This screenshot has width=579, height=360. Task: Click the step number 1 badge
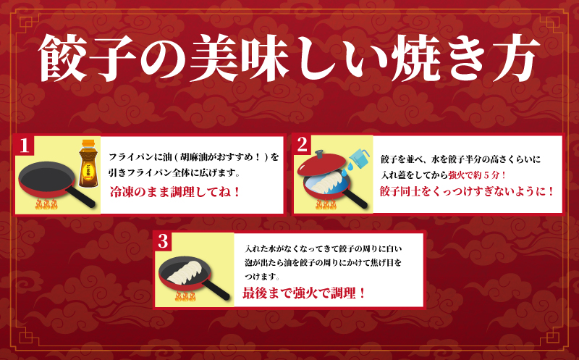[x=25, y=146]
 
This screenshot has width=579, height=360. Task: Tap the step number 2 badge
[x=302, y=145]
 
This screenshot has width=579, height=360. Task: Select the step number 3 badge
[x=163, y=242]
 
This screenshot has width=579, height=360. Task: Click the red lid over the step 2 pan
[x=322, y=164]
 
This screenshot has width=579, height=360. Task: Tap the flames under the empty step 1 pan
[x=46, y=204]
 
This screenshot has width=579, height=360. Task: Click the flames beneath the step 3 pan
[x=185, y=296]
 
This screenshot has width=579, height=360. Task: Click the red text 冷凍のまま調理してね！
[x=175, y=192]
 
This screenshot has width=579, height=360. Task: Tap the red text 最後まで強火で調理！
[x=304, y=293]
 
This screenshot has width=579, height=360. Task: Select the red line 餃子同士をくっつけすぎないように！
[x=467, y=191]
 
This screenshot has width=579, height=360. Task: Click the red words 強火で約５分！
[x=477, y=175]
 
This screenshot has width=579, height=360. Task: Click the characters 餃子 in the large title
[x=88, y=58]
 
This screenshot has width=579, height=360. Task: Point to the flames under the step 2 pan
[x=326, y=204]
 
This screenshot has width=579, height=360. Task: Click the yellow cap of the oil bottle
[x=88, y=143]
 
